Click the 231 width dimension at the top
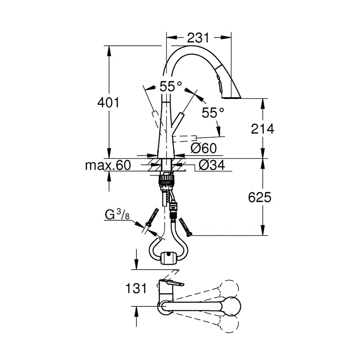point(198,38)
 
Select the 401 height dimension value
point(108,103)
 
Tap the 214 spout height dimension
point(262,128)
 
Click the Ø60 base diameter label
point(204,148)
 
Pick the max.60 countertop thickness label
point(108,165)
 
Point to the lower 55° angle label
point(213,113)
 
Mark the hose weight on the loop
point(168,258)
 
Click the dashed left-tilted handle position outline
point(154,116)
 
